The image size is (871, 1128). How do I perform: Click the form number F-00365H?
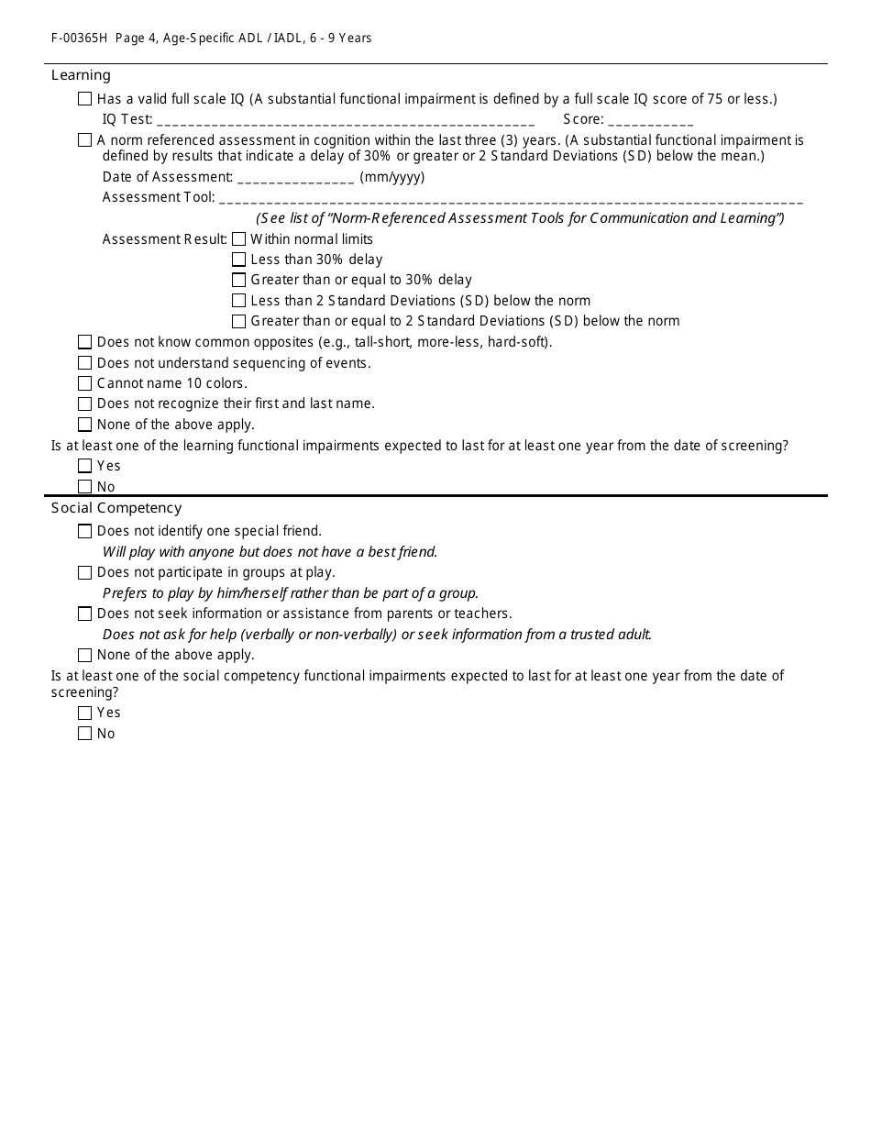(x=80, y=39)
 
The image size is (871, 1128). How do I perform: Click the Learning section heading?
(x=81, y=75)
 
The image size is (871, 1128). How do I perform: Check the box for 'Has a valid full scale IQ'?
(x=85, y=99)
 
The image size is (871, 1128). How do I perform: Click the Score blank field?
(x=650, y=121)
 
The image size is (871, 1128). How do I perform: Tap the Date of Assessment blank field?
(x=295, y=179)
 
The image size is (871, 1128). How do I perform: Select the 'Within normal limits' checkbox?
(x=239, y=239)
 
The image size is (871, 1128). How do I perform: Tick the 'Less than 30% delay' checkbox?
(x=239, y=260)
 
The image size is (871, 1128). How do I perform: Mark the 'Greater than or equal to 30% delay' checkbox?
(x=239, y=280)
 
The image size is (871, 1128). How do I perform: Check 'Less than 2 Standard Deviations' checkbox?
(x=239, y=301)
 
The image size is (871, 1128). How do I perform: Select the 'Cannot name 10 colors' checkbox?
(x=85, y=383)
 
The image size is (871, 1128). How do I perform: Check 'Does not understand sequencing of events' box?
(x=85, y=363)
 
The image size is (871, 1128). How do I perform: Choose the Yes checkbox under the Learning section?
(x=85, y=466)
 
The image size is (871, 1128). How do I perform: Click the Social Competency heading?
(x=116, y=508)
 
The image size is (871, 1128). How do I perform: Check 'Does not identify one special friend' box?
(x=85, y=531)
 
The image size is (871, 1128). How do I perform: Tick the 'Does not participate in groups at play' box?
(x=85, y=572)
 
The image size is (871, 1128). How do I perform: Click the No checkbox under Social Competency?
(x=85, y=734)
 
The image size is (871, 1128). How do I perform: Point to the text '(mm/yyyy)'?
(x=392, y=177)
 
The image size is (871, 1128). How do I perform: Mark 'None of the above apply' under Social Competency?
(x=85, y=655)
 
